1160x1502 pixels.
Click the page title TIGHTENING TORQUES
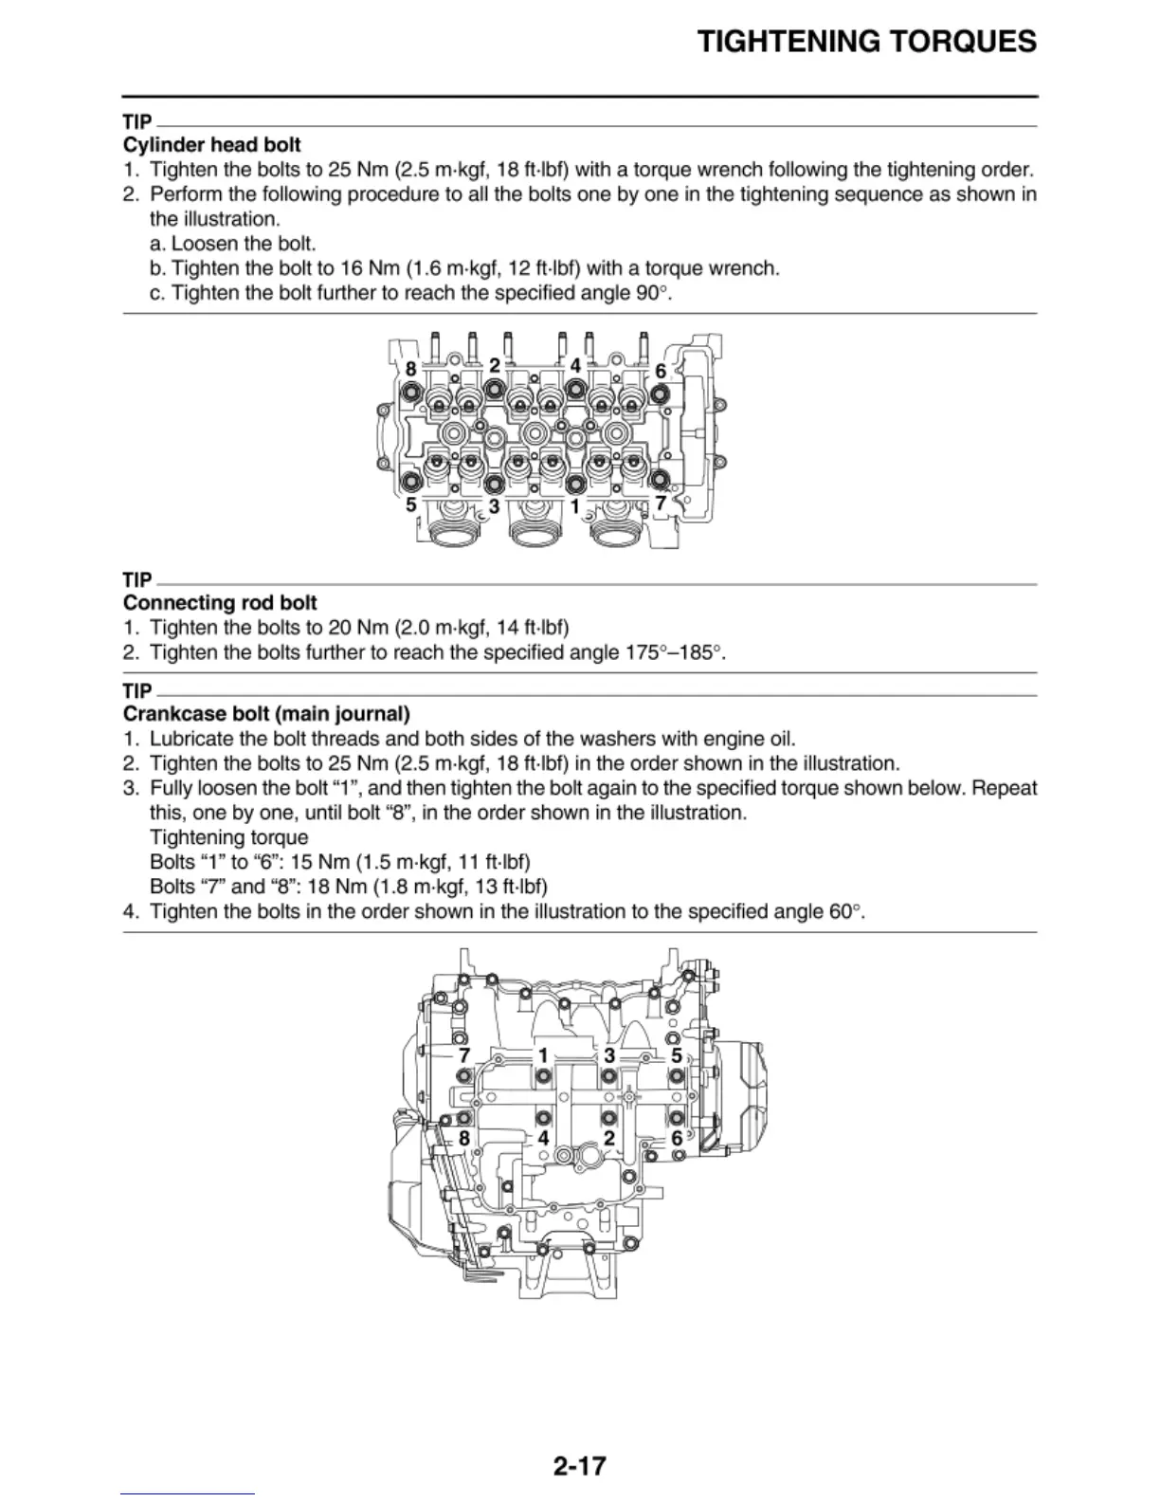tap(866, 42)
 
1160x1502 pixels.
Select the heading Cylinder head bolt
tap(212, 145)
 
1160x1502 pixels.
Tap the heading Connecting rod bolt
tap(220, 603)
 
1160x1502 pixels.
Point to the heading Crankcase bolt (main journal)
tap(266, 714)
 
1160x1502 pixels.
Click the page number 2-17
tap(579, 1466)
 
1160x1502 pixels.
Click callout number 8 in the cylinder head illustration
tap(410, 368)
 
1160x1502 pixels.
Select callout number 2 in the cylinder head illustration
tap(495, 365)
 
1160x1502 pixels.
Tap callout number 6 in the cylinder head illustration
tap(661, 371)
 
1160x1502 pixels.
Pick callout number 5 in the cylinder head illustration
tap(411, 505)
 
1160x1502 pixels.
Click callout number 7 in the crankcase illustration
tap(463, 1055)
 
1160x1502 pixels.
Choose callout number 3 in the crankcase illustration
tap(609, 1055)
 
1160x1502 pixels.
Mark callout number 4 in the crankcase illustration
tap(543, 1138)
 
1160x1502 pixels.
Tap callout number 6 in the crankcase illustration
tap(677, 1138)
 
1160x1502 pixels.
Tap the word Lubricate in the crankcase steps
tap(191, 739)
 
